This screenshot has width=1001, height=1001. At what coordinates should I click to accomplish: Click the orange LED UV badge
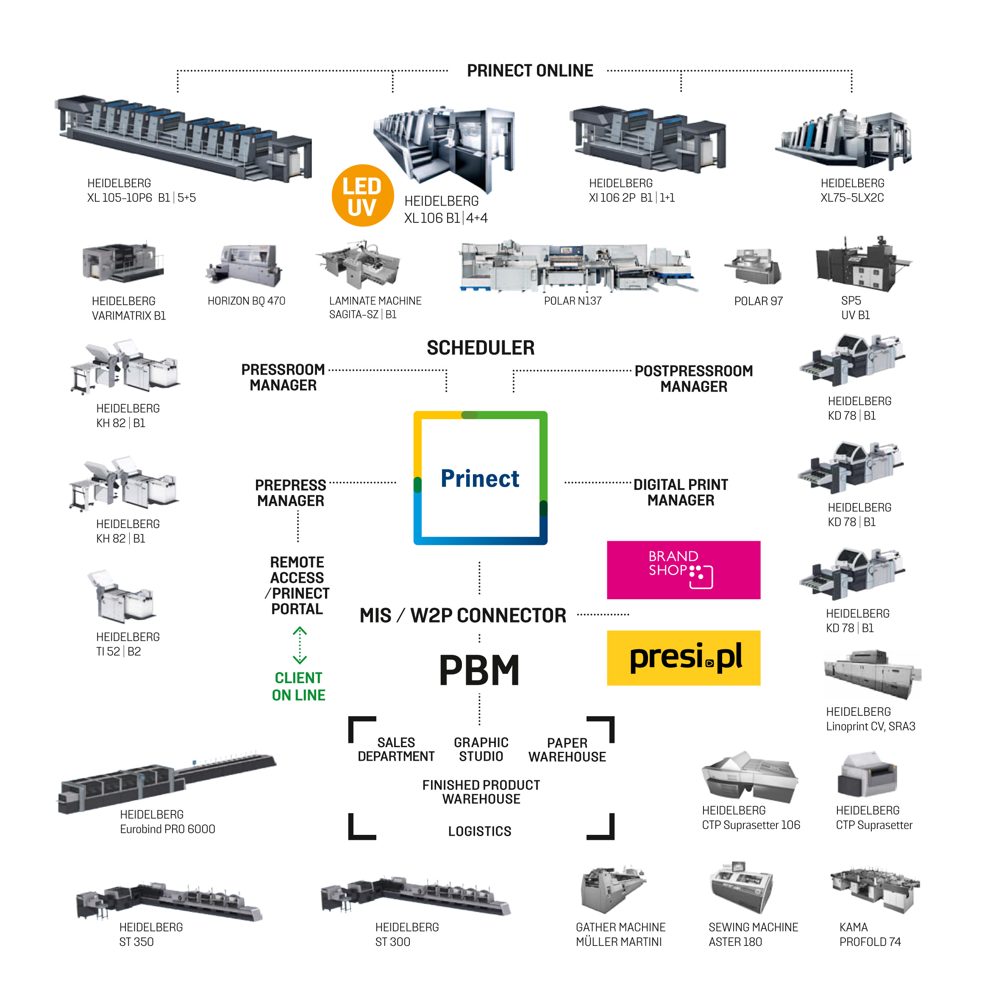click(x=362, y=196)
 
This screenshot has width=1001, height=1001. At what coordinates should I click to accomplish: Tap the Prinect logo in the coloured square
click(x=480, y=478)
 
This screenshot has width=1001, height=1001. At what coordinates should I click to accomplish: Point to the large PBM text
click(x=479, y=670)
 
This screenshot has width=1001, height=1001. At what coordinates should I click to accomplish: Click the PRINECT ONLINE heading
click(x=529, y=70)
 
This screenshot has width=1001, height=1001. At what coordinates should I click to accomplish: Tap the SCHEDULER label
click(x=480, y=348)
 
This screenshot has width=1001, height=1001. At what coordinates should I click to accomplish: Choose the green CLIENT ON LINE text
click(x=298, y=687)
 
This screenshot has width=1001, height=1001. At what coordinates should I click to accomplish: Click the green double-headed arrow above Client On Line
click(x=300, y=645)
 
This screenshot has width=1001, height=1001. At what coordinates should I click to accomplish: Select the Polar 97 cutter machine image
click(x=754, y=267)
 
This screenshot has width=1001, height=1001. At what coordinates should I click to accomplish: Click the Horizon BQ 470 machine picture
click(x=245, y=266)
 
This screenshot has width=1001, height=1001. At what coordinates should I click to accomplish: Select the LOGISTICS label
click(x=479, y=831)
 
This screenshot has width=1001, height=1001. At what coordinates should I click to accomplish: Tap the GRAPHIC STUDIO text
click(x=481, y=749)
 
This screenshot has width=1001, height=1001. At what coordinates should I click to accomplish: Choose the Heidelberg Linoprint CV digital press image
click(x=873, y=673)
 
